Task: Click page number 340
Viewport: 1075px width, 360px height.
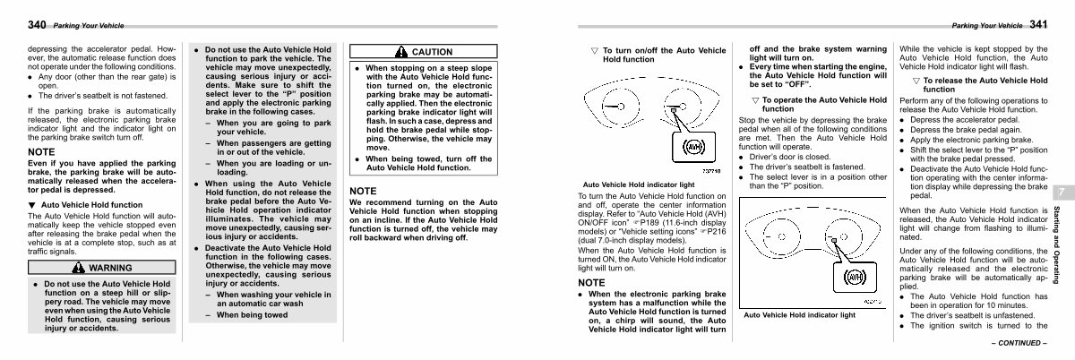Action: tap(37, 24)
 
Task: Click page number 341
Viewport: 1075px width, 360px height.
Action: tap(1038, 24)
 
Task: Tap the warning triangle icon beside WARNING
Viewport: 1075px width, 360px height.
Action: tap(78, 268)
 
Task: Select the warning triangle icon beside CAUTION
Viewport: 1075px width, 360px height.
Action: tap(401, 51)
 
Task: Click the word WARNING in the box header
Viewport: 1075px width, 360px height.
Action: tap(110, 268)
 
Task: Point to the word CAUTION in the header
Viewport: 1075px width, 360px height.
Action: tap(432, 52)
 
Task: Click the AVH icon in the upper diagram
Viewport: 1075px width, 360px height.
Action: tap(693, 147)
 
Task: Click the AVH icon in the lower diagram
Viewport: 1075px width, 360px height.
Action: tap(855, 277)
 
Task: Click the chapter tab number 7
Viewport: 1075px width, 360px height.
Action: tap(1062, 193)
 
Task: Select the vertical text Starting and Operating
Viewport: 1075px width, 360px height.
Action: tap(1057, 244)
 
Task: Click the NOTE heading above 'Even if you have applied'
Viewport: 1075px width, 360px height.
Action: tap(41, 152)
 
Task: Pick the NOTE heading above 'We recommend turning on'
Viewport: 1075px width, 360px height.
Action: tap(363, 191)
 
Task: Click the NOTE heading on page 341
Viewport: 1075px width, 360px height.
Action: tap(591, 283)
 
